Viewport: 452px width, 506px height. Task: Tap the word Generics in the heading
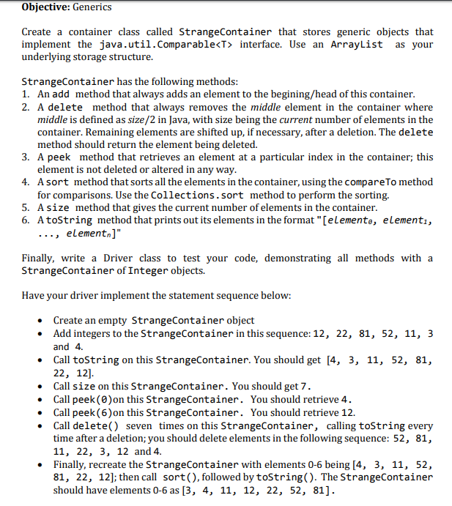[x=92, y=7]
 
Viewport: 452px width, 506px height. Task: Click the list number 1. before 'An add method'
[x=26, y=94]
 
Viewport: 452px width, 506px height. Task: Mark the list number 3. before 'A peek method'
[x=26, y=157]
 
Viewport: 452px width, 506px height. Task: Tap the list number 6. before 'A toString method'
[x=26, y=220]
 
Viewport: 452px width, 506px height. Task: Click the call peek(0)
[x=92, y=399]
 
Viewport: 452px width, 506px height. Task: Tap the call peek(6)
[x=92, y=412]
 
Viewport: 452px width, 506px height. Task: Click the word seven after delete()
[x=140, y=425]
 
